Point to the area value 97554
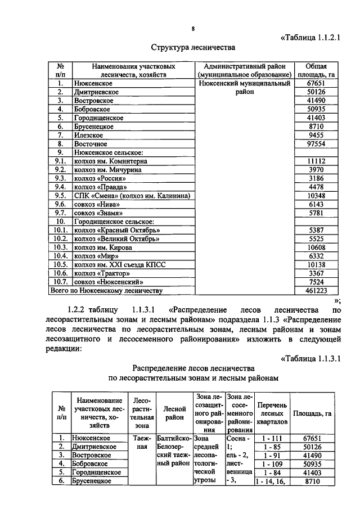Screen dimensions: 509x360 pyautogui.click(x=315, y=143)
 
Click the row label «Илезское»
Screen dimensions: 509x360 pyautogui.click(x=87, y=135)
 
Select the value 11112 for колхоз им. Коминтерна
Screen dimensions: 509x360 pyautogui.click(x=315, y=161)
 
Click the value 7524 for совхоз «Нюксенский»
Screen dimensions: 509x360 pyautogui.click(x=315, y=282)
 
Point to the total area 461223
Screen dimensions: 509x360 pyautogui.click(x=315, y=291)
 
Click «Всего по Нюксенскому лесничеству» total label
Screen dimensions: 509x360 pyautogui.click(x=107, y=291)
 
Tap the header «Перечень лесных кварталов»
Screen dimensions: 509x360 pyautogui.click(x=272, y=413)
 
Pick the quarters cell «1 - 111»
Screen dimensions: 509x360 pyautogui.click(x=272, y=438)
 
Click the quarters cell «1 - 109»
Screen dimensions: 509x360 pyautogui.click(x=272, y=464)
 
